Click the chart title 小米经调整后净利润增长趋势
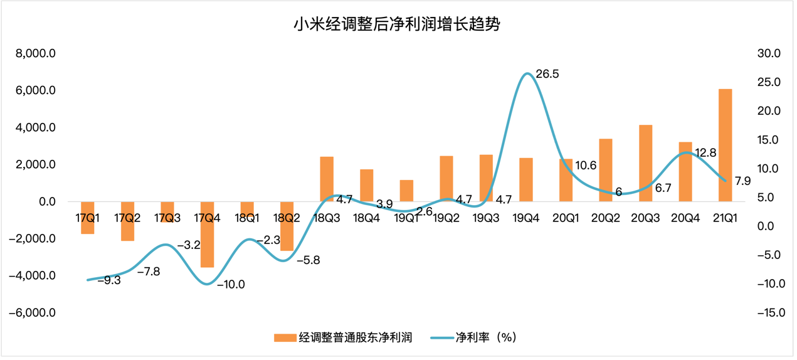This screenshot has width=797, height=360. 398,25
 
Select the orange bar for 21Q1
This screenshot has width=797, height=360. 725,145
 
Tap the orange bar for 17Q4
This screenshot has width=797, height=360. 207,235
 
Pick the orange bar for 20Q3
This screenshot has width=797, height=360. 645,163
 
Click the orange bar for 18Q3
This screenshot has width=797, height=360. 327,179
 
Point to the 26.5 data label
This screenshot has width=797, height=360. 547,74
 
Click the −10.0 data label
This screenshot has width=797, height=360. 231,284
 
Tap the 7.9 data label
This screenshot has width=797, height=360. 742,182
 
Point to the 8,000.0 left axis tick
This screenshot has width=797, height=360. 36,54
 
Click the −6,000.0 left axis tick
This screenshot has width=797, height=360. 33,313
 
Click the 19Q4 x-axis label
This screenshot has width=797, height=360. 526,218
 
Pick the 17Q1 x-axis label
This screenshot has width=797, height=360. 88,218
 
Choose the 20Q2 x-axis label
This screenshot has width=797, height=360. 606,218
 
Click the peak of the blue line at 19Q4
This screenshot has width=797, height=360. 527,73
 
